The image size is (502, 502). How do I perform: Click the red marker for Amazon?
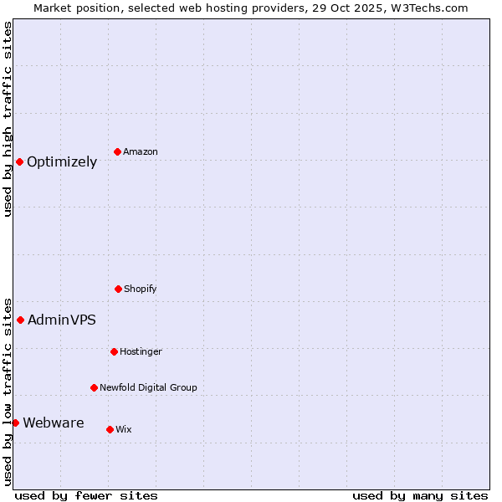click(x=117, y=151)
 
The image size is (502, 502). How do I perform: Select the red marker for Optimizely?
click(x=19, y=161)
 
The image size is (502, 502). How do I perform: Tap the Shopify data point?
click(x=118, y=289)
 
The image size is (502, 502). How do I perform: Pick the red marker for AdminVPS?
click(x=20, y=320)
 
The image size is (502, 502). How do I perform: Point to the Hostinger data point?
click(x=114, y=351)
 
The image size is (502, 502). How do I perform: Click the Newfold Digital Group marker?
click(x=94, y=387)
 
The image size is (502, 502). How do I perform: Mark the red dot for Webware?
click(x=15, y=423)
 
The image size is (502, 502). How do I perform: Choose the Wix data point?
click(x=110, y=429)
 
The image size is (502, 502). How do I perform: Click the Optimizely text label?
click(x=62, y=162)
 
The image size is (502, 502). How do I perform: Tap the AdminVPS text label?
click(x=62, y=320)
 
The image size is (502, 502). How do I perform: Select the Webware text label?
click(x=54, y=423)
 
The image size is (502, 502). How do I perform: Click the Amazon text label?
click(x=141, y=152)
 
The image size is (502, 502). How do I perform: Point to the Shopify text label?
click(x=141, y=289)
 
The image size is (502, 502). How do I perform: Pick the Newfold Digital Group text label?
click(x=148, y=388)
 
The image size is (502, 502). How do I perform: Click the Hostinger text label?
click(x=141, y=352)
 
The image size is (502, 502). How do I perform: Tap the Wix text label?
click(x=124, y=430)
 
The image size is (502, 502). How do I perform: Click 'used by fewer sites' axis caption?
click(x=86, y=496)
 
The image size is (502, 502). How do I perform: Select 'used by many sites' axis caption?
click(x=420, y=496)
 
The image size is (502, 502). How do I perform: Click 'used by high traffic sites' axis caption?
click(x=8, y=119)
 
